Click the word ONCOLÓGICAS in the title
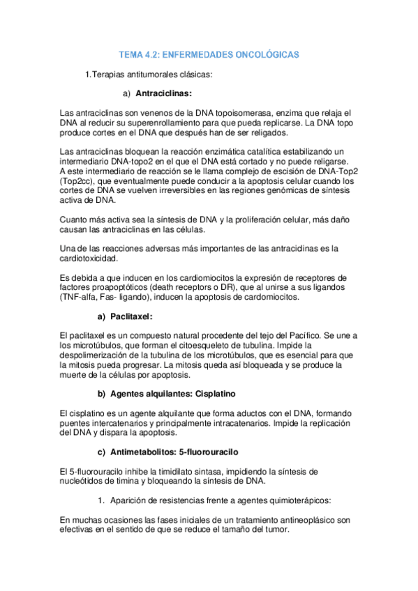click(264, 54)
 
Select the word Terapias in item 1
click(110, 74)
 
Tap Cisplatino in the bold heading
click(214, 394)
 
